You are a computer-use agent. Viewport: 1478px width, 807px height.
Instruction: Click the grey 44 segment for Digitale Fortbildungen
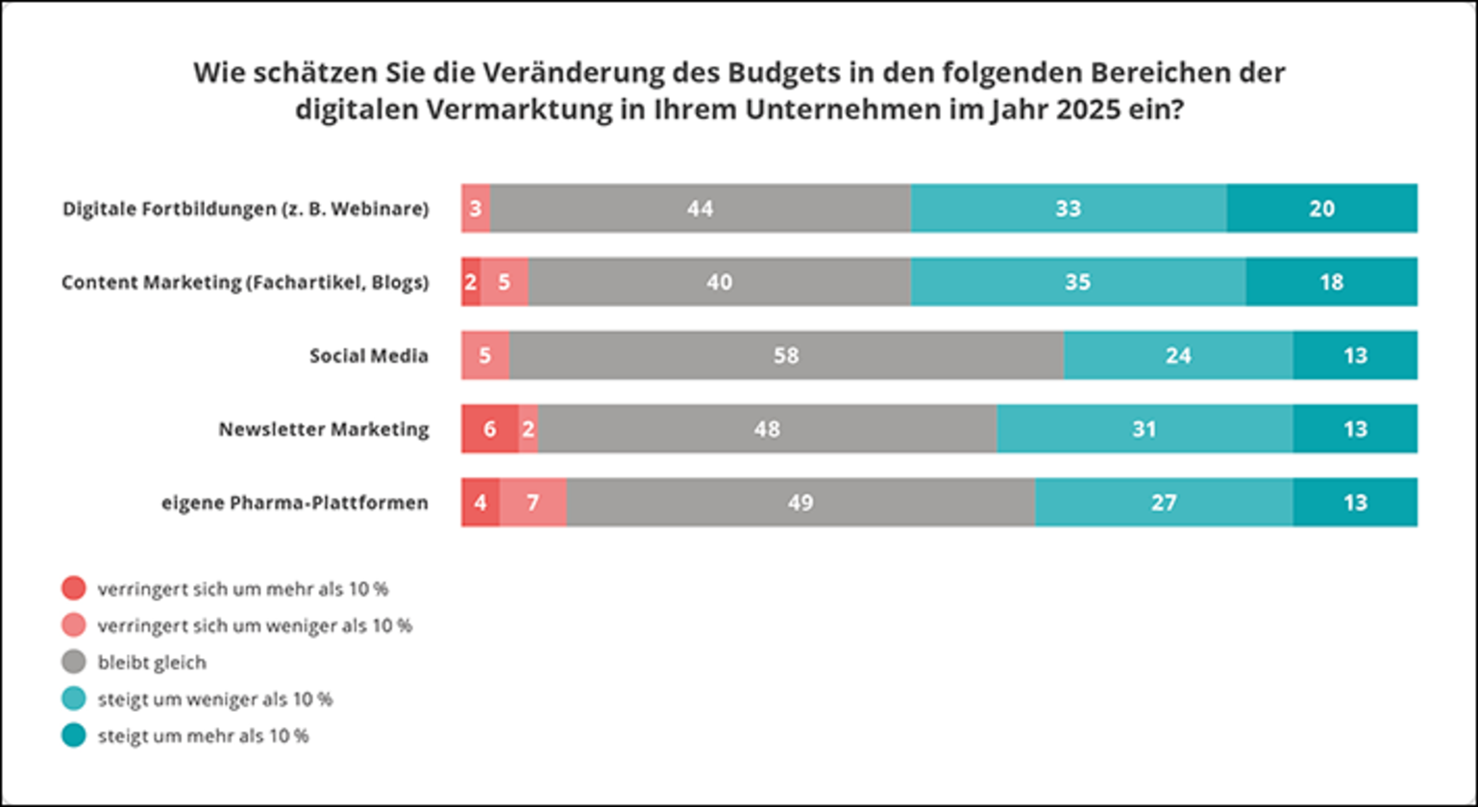(x=701, y=208)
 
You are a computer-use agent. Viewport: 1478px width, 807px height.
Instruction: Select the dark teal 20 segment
(x=1321, y=208)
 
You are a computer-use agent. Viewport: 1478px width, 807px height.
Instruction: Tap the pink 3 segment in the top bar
(x=476, y=208)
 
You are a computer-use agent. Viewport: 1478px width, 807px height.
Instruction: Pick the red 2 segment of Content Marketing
(x=470, y=282)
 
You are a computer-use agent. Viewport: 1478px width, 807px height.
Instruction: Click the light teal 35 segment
(x=1078, y=282)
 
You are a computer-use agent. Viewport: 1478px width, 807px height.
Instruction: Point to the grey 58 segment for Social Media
(x=786, y=355)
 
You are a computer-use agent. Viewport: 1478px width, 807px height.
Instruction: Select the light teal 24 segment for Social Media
(x=1178, y=355)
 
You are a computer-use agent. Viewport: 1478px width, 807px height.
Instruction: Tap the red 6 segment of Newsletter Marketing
(x=489, y=428)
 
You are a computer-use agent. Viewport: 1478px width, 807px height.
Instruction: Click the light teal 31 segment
(x=1145, y=428)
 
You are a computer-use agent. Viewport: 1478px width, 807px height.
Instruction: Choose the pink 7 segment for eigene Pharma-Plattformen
(x=532, y=502)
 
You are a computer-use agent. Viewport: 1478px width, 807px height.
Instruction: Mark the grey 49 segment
(x=801, y=502)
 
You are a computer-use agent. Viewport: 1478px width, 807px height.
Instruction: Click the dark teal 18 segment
(x=1331, y=282)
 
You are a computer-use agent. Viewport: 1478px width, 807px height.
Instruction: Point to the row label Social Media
(x=368, y=355)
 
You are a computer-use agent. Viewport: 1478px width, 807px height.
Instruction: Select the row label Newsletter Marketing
(x=323, y=428)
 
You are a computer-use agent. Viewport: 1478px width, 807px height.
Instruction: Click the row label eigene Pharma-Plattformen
(x=294, y=502)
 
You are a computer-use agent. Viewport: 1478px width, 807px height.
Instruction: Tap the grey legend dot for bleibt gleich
(x=74, y=662)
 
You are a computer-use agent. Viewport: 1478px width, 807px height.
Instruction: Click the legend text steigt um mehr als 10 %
(x=204, y=737)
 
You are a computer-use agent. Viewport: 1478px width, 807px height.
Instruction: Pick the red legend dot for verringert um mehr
(x=74, y=588)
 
